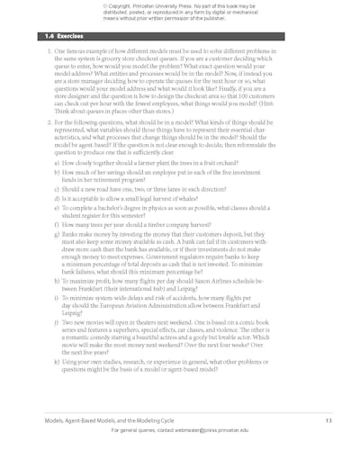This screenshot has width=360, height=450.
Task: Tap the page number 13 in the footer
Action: point(329,421)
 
